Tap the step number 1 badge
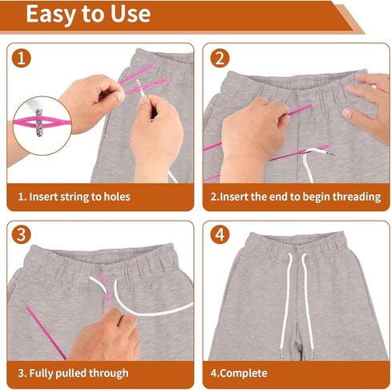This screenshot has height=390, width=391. point(24,59)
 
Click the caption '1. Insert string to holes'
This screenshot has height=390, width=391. point(74,196)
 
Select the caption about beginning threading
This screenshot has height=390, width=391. point(292,196)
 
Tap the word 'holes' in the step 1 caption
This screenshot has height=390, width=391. point(115,196)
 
